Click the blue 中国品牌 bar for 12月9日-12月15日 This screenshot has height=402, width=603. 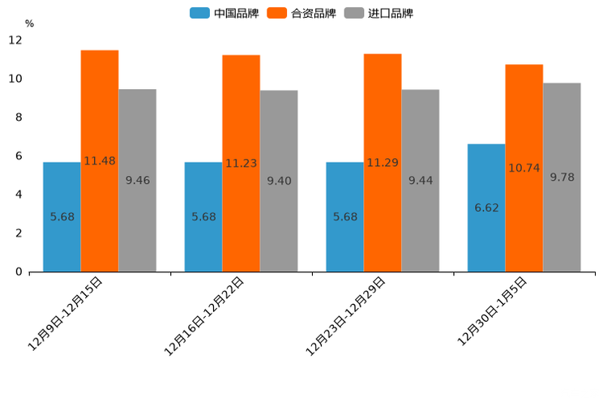click(x=62, y=243)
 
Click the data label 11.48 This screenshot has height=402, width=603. click(x=100, y=161)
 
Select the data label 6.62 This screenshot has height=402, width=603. click(x=486, y=208)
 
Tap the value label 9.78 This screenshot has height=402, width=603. click(x=562, y=177)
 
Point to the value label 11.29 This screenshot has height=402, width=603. click(x=383, y=163)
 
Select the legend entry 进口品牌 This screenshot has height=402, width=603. click(x=379, y=13)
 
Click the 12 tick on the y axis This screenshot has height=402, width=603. click(x=15, y=40)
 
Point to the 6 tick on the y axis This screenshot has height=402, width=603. click(x=19, y=156)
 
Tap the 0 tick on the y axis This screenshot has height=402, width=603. click(x=19, y=272)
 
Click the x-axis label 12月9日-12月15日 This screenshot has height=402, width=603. click(x=66, y=313)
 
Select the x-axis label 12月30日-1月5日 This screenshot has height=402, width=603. click(x=493, y=311)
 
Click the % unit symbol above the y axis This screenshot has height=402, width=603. click(x=29, y=24)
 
